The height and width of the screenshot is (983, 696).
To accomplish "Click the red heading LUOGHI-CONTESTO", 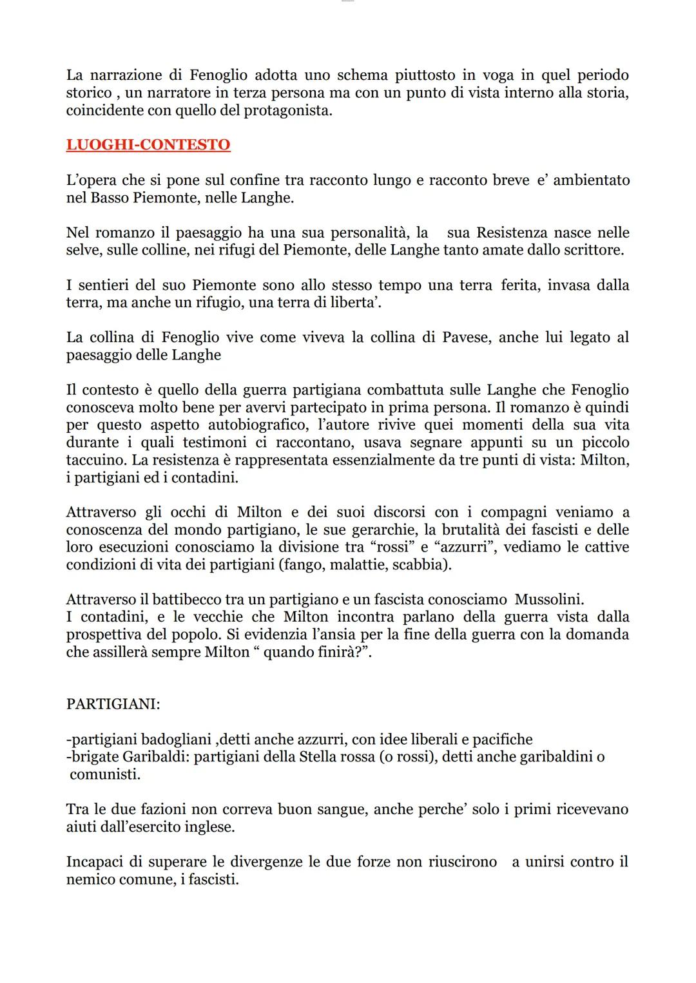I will coord(148,144).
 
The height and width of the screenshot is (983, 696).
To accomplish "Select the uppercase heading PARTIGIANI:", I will coord(113,704).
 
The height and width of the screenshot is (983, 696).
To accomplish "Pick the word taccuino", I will coord(93,460).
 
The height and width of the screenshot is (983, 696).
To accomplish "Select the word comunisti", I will coord(104,774).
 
